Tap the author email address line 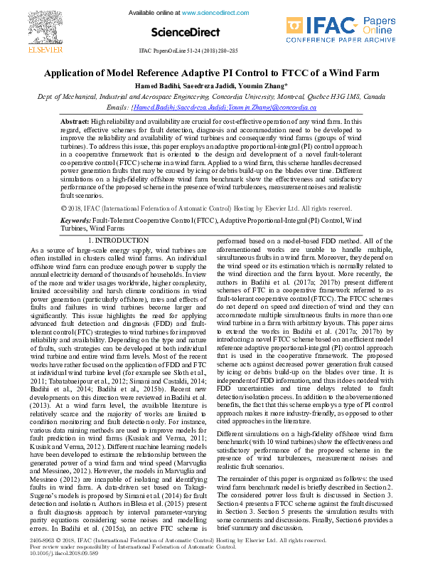click(211, 107)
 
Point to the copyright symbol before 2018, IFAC click(65, 208)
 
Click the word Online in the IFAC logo click(380, 31)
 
